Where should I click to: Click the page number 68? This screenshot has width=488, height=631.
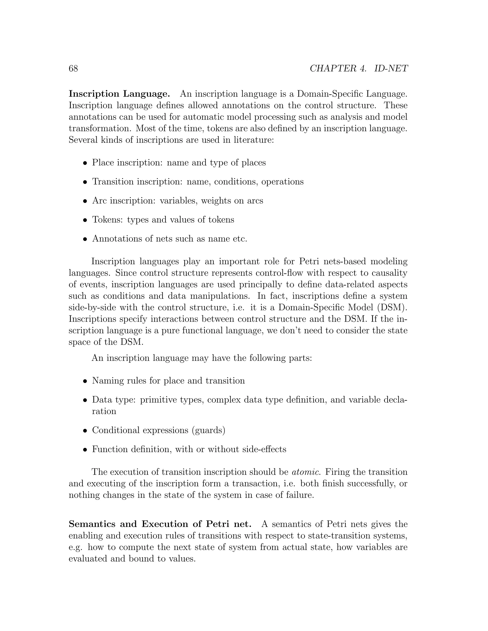pyautogui.click(x=73, y=69)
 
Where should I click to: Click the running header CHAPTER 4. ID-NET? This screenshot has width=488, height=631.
pyautogui.click(x=358, y=69)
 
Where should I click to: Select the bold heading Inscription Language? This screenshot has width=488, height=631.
pyautogui.click(x=119, y=94)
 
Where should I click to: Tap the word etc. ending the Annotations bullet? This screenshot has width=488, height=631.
pyautogui.click(x=240, y=239)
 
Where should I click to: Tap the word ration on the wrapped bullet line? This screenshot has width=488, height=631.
pyautogui.click(x=104, y=411)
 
